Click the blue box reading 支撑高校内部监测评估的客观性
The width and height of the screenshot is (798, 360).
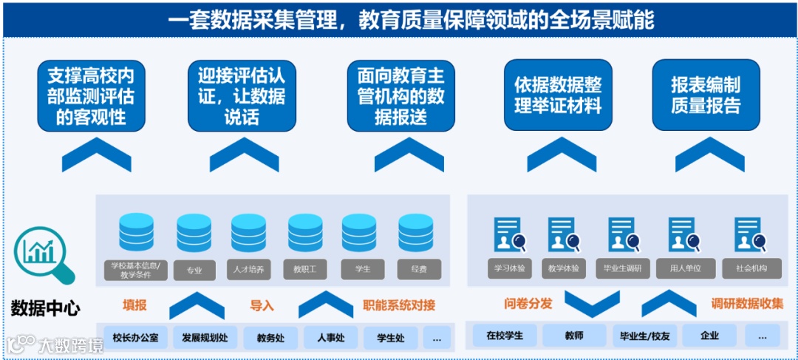92,95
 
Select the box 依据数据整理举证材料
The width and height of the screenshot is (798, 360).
558,95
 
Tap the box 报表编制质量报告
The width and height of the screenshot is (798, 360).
706,95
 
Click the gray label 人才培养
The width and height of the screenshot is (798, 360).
248,270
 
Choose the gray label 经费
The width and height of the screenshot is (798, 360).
419,270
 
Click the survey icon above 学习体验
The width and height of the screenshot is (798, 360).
510,235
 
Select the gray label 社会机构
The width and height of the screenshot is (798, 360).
751,268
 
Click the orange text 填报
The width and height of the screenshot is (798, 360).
134,305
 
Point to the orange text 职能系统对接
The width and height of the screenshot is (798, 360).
399,305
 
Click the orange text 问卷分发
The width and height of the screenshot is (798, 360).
528,304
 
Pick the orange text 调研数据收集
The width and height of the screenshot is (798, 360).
747,304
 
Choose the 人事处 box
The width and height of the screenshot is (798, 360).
330,338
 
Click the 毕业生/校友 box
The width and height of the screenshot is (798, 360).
641,336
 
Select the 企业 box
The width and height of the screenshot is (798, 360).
709,336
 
